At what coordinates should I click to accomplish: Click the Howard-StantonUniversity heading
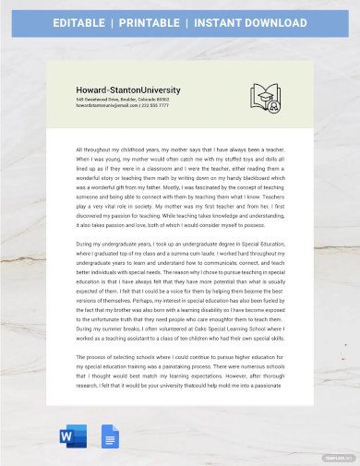128,90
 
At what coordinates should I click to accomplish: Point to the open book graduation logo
266,97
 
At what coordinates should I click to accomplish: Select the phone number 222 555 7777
155,105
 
